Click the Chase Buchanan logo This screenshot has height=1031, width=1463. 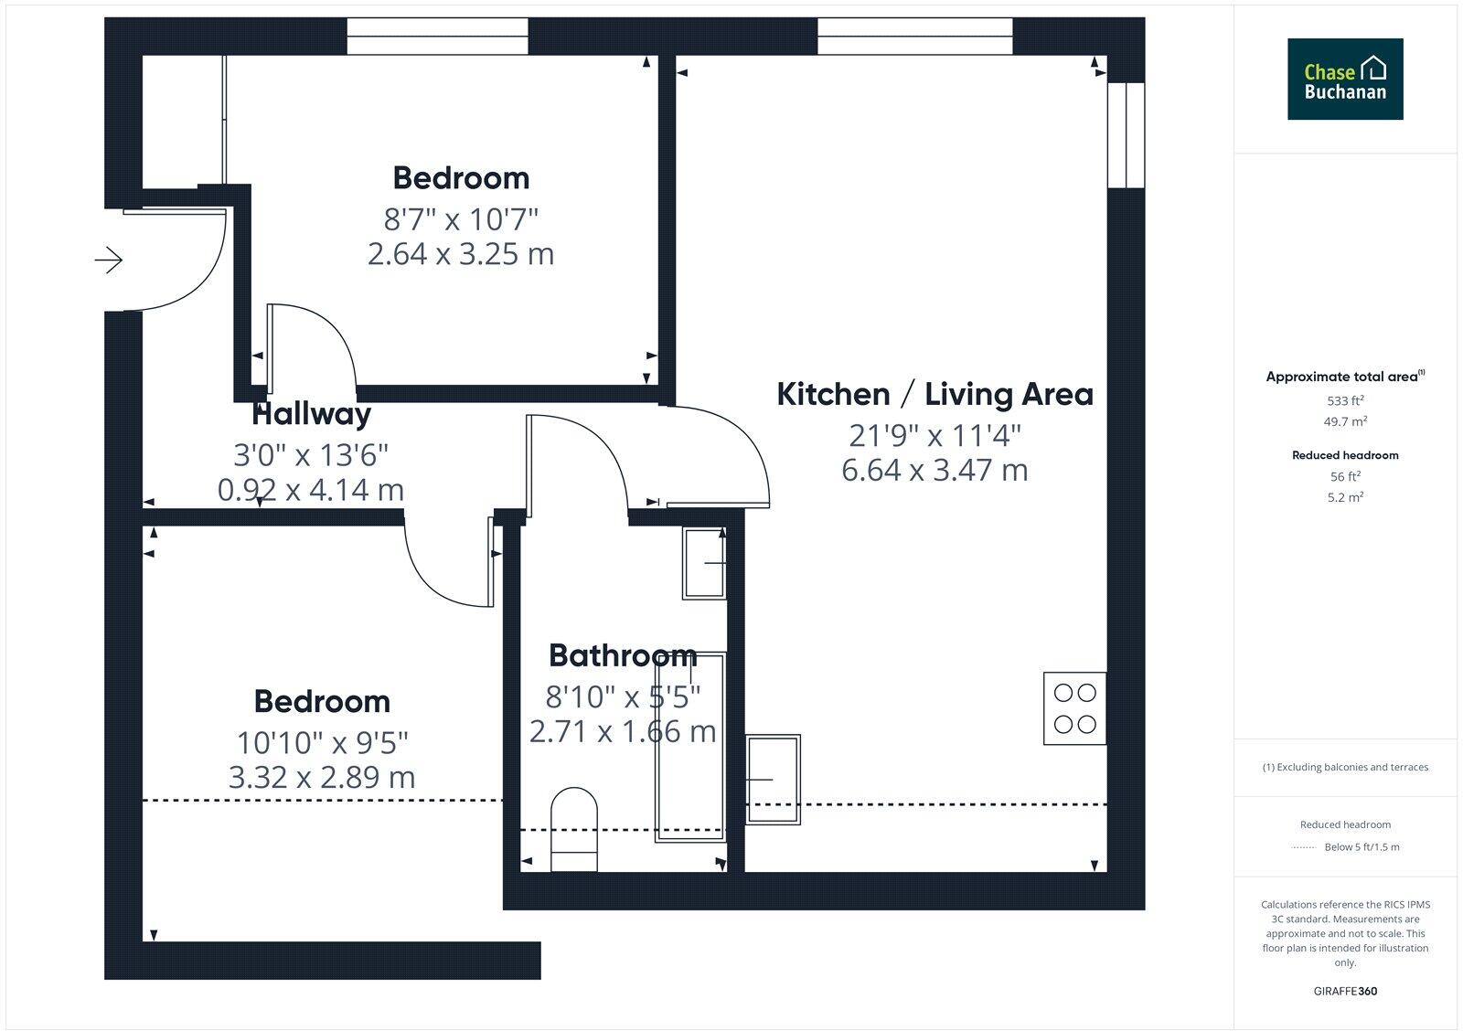(1345, 79)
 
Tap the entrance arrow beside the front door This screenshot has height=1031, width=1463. (109, 260)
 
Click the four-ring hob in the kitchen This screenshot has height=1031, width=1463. (1075, 708)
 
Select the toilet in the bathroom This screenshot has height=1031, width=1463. (574, 830)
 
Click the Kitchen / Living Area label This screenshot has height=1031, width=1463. (934, 395)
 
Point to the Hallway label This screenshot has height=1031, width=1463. (312, 415)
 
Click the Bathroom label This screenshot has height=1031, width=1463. (623, 655)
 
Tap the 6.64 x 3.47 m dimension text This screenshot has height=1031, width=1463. (934, 470)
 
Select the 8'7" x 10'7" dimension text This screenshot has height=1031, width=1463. (461, 219)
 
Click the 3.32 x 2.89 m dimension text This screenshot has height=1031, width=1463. (322, 778)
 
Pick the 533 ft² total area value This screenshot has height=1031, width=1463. (1345, 400)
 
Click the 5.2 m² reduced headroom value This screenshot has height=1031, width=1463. (1345, 497)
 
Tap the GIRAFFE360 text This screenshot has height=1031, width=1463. (1345, 991)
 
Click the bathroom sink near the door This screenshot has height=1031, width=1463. (704, 563)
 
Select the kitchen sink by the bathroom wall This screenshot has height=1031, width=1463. (774, 779)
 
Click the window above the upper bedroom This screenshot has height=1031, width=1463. (437, 37)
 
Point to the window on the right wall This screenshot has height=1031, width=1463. (1126, 135)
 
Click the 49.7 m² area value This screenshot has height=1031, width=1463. (1345, 421)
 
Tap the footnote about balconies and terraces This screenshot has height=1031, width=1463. (1345, 767)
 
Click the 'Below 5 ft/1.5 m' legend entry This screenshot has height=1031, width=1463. (1361, 847)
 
